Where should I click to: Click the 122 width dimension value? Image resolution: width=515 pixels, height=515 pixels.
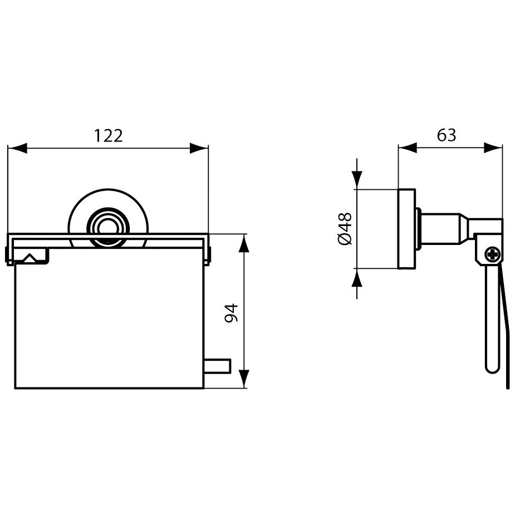pos(108,135)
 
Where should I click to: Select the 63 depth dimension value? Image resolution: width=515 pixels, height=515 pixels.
pos(447,135)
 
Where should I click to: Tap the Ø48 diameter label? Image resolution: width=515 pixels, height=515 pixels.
pos(345,228)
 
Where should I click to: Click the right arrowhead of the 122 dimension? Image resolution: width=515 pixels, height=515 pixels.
pos(199,148)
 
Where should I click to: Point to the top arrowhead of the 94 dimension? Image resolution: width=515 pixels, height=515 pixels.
pos(244,243)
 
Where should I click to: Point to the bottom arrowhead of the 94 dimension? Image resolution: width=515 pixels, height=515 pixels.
pos(244,379)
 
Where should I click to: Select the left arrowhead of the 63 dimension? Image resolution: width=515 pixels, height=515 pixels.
pos(408,148)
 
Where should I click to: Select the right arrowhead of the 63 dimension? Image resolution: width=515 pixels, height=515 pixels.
pos(493,148)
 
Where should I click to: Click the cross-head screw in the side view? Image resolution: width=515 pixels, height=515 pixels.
pos(492,255)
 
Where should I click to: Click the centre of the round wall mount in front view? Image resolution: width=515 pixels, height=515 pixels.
pos(108,225)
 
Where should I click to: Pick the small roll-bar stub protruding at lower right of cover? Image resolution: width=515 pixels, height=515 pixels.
pos(218,367)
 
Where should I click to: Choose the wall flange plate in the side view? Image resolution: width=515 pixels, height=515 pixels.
pos(406,229)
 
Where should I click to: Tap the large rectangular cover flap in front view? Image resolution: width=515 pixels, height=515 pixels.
pos(109,323)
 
